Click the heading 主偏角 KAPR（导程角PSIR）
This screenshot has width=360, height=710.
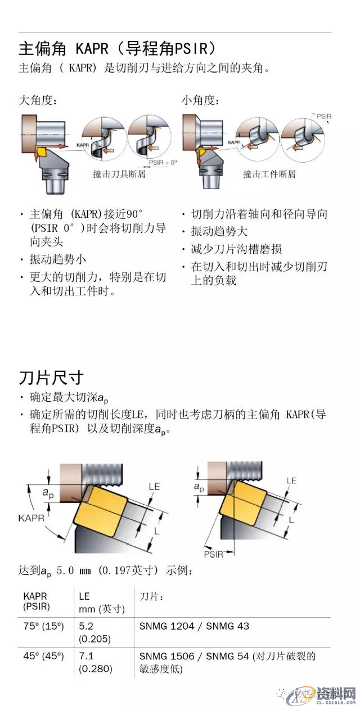click(118, 47)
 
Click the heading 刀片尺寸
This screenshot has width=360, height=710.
click(51, 376)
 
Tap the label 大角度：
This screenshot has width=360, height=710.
click(38, 101)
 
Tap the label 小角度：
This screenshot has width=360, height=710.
click(200, 101)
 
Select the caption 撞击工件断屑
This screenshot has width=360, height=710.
click(269, 174)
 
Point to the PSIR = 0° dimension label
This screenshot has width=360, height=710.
click(163, 162)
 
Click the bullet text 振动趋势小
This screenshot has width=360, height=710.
click(58, 260)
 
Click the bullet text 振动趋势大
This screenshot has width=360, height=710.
click(219, 232)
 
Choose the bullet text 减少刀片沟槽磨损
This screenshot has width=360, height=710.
click(236, 249)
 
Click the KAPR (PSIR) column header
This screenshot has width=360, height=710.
click(37, 601)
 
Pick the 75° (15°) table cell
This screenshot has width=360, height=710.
click(44, 626)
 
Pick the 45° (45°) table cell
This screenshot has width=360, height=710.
click(44, 656)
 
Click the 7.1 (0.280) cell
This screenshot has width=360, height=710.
click(96, 662)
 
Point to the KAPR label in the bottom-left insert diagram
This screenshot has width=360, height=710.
click(32, 516)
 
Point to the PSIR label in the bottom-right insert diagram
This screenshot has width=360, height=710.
click(214, 554)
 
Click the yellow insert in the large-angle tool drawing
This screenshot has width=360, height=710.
click(42, 151)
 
